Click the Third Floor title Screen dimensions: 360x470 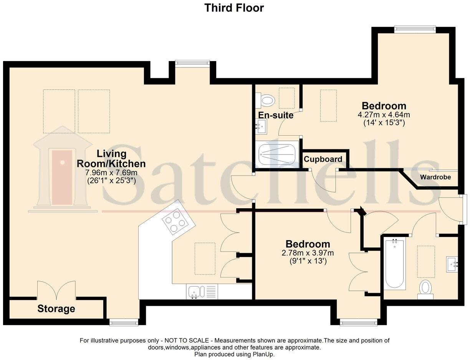pos(234,8)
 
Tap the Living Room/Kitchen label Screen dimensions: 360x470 pos(111,159)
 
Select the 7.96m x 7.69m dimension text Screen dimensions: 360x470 pos(111,173)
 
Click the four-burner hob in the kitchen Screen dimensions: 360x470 pos(175,222)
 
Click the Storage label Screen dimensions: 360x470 pos(56,309)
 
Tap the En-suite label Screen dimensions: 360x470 pos(275,115)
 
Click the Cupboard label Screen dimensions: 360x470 pos(323,159)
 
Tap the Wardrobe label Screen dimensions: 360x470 pos(435,177)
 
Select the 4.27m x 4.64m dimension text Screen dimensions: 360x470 pos(384,115)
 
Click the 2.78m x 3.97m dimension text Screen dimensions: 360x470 pos(308,253)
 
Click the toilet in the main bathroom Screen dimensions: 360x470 pos(425,289)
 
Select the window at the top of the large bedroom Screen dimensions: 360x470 pos(415,29)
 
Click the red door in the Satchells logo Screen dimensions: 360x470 pos(62,177)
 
